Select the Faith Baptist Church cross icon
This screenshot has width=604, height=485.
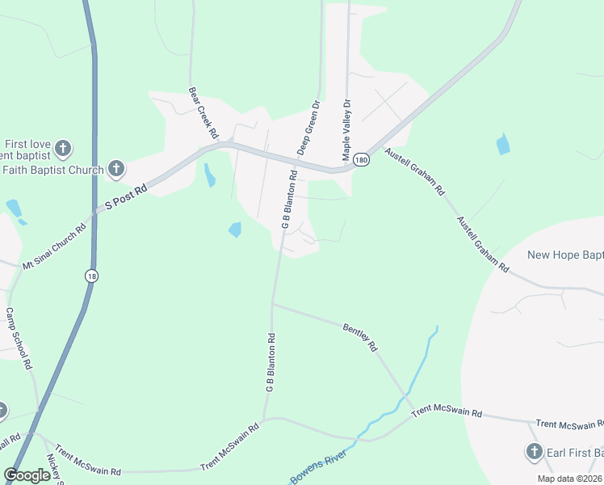pos(116,169)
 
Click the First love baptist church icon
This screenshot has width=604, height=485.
pos(63,148)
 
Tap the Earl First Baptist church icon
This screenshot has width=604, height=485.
pos(534,452)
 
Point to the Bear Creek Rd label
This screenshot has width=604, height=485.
pos(203,111)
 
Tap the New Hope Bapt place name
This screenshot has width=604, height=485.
pos(564,255)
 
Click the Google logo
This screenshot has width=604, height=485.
pos(27,475)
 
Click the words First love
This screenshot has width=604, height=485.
pos(30,144)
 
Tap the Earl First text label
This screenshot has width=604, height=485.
pos(575,452)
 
